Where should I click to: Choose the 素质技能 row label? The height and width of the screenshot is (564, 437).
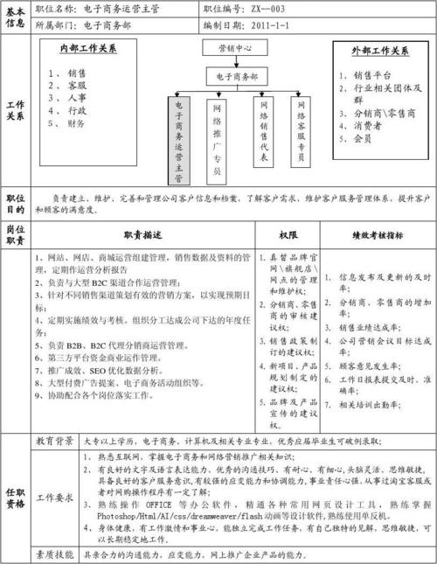(56, 554)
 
